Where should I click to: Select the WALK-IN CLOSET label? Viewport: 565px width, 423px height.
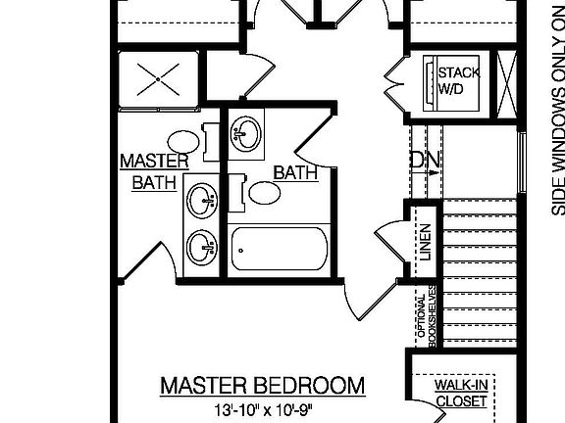(x=461, y=394)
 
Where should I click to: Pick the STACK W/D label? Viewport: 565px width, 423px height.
(x=457, y=81)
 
